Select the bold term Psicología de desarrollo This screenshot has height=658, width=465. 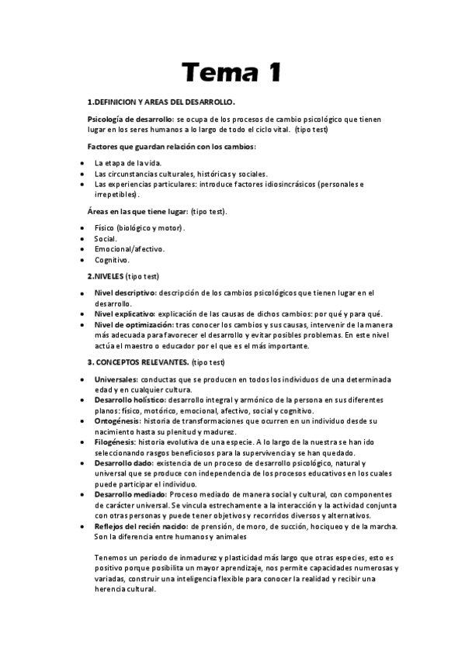pos(130,119)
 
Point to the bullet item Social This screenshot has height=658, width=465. pos(106,239)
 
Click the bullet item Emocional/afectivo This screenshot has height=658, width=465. pos(129,249)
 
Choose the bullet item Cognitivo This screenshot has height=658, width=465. pos(112,260)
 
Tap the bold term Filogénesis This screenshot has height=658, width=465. pos(115,442)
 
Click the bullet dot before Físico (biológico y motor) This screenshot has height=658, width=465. pos(82,228)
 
